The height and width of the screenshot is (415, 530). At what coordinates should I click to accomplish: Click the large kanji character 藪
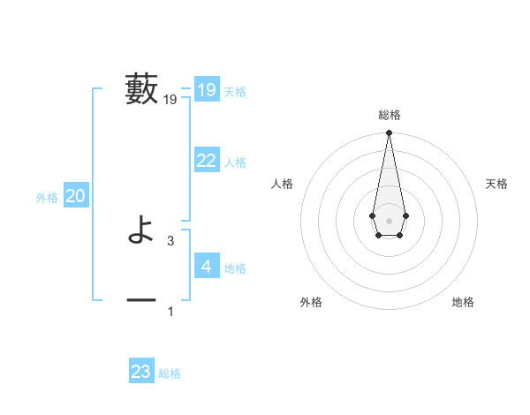click(142, 89)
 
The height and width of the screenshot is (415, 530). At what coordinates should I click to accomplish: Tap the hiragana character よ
click(141, 231)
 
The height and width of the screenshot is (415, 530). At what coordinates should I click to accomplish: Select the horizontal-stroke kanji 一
click(141, 301)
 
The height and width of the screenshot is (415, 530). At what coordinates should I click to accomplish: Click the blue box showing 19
click(207, 90)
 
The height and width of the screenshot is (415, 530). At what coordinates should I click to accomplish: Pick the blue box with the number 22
click(207, 161)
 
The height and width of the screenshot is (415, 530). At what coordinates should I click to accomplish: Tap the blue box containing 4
click(207, 266)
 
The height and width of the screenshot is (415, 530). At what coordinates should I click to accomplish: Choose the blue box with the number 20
click(76, 197)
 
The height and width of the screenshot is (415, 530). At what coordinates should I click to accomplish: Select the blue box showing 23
click(141, 372)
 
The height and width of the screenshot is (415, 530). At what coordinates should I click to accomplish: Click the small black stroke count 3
click(170, 240)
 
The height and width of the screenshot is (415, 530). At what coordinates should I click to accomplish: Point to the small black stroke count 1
click(170, 311)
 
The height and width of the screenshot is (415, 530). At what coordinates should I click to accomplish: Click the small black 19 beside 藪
click(170, 101)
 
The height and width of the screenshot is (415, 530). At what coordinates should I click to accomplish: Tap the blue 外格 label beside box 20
click(47, 199)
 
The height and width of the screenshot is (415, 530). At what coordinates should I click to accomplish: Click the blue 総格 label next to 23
click(170, 373)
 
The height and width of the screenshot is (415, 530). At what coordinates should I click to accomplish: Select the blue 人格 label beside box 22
click(235, 162)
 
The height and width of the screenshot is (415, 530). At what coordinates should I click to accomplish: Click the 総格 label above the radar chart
click(390, 115)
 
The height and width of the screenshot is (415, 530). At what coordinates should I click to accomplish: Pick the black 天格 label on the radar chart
click(497, 184)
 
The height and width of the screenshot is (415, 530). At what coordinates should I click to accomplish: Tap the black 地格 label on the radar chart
click(463, 302)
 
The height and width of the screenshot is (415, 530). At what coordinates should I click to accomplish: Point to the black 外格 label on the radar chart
click(311, 302)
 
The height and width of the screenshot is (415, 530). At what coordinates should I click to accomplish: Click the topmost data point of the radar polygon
click(389, 133)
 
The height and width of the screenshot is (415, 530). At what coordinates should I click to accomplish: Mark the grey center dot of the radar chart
click(389, 220)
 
